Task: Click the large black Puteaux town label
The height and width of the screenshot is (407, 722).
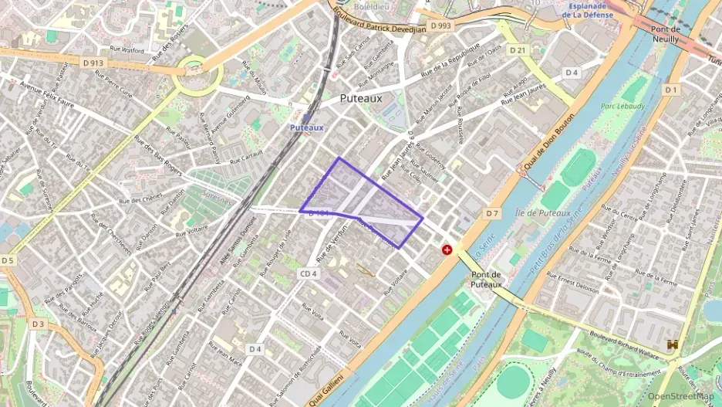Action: [x=361, y=98]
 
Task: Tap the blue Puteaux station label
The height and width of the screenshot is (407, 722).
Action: [x=306, y=127]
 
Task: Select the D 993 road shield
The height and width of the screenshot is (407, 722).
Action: [x=440, y=25]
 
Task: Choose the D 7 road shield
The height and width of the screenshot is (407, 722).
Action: [x=493, y=212]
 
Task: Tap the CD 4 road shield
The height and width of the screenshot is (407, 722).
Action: [x=309, y=273]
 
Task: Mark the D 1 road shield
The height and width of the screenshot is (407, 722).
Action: [x=671, y=90]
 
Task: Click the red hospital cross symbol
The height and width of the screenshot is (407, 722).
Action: [x=447, y=249]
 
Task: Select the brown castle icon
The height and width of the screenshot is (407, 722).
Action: [x=673, y=345]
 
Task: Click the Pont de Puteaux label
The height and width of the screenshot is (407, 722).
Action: [x=487, y=279]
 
